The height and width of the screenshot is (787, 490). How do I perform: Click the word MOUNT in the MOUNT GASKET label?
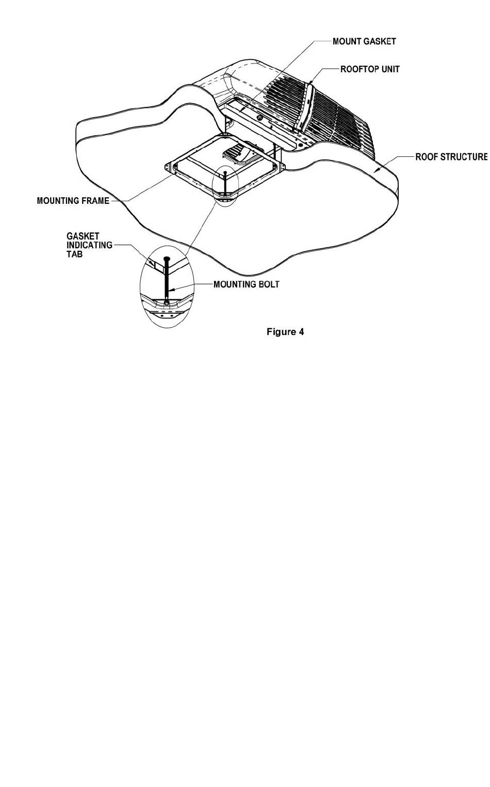(x=347, y=41)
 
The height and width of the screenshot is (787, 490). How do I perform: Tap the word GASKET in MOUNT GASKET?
(x=379, y=41)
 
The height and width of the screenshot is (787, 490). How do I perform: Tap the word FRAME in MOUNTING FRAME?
(x=96, y=201)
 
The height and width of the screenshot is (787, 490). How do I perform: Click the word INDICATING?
(x=89, y=245)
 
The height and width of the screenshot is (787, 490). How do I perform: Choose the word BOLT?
(x=268, y=284)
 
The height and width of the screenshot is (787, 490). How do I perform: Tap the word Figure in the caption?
(x=281, y=332)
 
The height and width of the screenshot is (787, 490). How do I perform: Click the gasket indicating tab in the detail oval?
(x=153, y=263)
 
